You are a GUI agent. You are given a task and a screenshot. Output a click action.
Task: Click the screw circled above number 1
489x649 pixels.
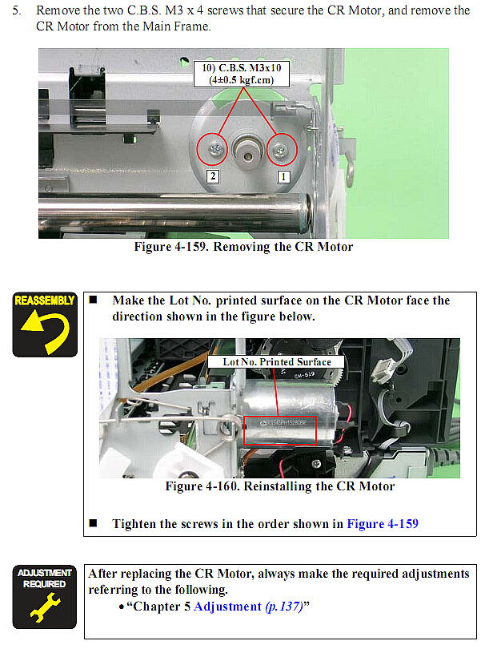click(281, 151)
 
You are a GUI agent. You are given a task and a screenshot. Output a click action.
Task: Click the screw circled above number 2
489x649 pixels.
click(215, 148)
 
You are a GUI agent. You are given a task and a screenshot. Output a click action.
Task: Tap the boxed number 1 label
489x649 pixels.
click(283, 177)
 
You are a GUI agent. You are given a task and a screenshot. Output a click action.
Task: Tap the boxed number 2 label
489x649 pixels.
click(212, 176)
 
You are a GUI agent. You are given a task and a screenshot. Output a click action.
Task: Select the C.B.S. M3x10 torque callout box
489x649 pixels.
click(242, 74)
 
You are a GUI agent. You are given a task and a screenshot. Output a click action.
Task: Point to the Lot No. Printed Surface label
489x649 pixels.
click(276, 361)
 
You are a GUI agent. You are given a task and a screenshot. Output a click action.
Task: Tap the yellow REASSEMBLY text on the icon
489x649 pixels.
click(45, 300)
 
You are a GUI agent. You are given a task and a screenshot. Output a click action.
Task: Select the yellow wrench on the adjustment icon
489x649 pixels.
click(45, 607)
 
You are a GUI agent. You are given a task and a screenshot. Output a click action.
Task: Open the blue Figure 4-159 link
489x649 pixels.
click(383, 524)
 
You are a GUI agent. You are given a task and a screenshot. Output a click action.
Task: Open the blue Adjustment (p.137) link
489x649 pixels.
click(248, 607)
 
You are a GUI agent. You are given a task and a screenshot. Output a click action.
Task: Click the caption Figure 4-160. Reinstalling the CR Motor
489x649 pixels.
click(280, 486)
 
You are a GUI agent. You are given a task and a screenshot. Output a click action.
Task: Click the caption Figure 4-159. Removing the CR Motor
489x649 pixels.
click(243, 247)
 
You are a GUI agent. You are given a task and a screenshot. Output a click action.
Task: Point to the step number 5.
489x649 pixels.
click(17, 10)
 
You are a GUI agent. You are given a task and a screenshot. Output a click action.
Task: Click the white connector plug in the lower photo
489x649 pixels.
click(385, 368)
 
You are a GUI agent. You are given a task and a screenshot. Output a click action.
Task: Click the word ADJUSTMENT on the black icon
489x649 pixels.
click(45, 573)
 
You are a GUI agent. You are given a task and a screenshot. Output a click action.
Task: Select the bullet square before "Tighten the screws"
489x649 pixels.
click(93, 523)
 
